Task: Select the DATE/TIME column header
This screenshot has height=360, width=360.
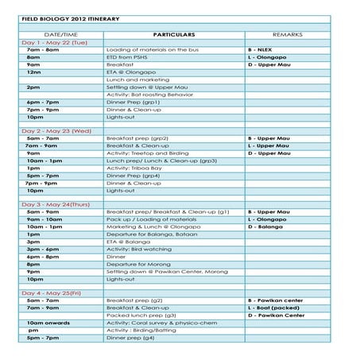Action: click(60, 35)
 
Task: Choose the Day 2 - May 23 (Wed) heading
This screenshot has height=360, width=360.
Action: click(56, 130)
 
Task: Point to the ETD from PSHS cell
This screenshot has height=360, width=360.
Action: click(126, 57)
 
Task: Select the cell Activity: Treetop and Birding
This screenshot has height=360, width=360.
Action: click(147, 153)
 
